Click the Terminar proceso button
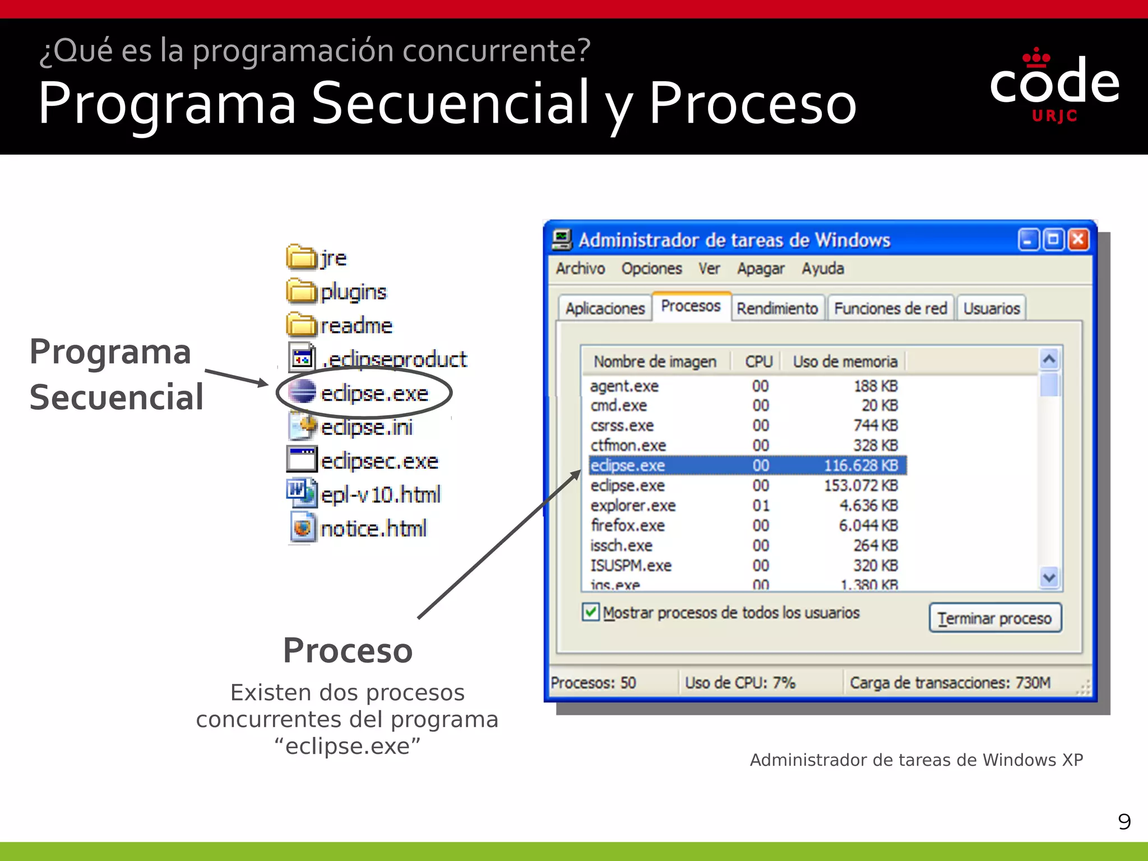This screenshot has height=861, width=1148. (x=995, y=618)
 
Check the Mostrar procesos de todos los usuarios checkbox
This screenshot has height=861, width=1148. (x=590, y=612)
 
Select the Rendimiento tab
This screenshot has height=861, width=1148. (x=777, y=308)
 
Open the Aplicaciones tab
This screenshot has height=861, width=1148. (x=605, y=308)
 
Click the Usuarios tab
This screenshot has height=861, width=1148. (x=991, y=308)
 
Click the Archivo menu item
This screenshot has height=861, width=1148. (x=580, y=269)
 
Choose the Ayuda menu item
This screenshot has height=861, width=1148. (x=822, y=269)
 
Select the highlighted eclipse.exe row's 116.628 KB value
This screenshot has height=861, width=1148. (x=860, y=465)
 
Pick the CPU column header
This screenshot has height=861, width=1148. (x=758, y=362)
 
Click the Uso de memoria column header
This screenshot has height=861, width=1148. (x=845, y=362)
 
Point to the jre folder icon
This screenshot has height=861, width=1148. (x=301, y=257)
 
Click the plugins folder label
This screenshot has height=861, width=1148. (x=353, y=292)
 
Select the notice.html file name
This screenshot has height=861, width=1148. (x=373, y=529)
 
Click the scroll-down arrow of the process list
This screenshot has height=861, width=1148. (x=1049, y=577)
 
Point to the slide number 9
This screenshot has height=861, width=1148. (x=1124, y=822)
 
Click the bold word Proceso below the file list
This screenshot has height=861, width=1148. (x=348, y=651)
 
